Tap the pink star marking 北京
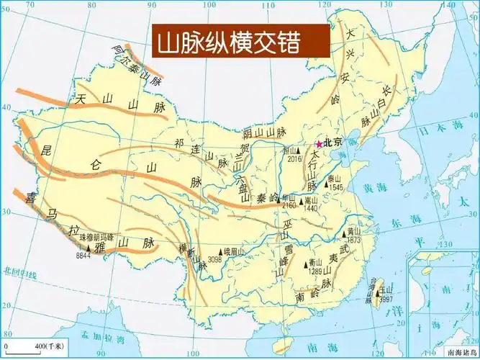(319, 144)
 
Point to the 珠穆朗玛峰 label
(96, 236)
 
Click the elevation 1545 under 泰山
(335, 187)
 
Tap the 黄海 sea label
(374, 189)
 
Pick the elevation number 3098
(214, 259)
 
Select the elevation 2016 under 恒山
(293, 159)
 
